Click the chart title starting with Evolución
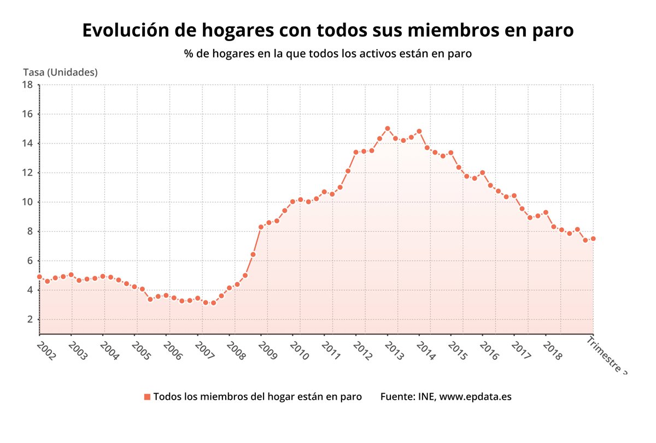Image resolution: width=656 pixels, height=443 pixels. click(328, 30)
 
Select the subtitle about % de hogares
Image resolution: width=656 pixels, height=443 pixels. click(328, 54)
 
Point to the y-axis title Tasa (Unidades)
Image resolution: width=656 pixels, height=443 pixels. click(60, 72)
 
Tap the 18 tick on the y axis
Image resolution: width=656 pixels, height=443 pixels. click(27, 84)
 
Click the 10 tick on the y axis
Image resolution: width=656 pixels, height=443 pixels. click(27, 202)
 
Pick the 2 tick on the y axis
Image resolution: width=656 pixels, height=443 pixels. click(30, 319)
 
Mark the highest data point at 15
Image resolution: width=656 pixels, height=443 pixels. click(388, 128)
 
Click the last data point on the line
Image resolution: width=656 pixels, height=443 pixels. click(593, 238)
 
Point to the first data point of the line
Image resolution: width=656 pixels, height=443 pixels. click(39, 277)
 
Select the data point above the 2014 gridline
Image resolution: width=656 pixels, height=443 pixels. click(419, 131)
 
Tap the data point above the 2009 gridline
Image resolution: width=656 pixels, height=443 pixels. click(261, 227)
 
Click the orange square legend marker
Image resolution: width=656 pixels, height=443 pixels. click(147, 396)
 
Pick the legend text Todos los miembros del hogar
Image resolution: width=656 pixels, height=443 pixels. click(257, 396)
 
